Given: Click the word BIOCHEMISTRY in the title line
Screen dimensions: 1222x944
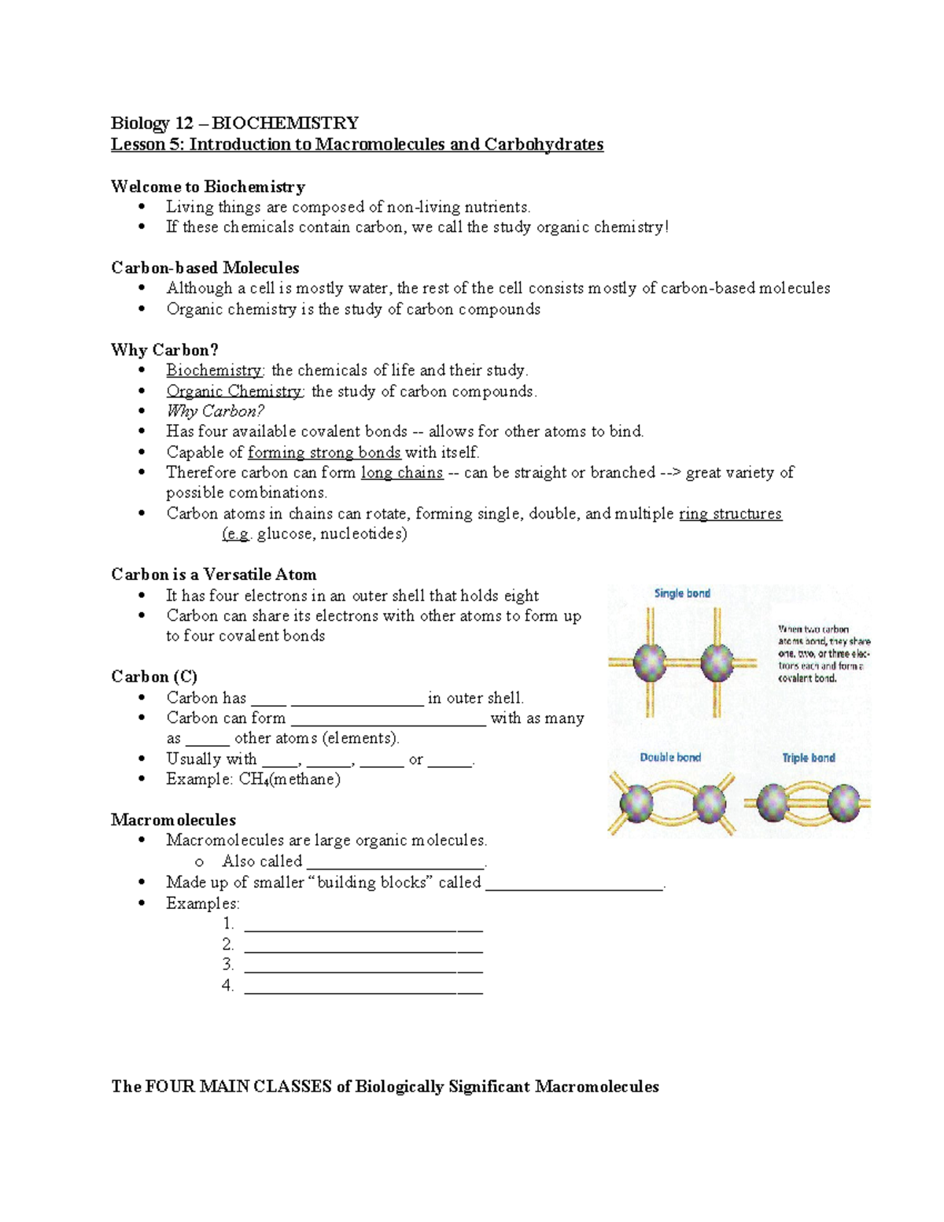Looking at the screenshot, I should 285,123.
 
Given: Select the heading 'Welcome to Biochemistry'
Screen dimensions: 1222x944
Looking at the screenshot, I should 208,186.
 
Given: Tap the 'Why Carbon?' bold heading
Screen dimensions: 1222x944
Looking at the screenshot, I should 164,349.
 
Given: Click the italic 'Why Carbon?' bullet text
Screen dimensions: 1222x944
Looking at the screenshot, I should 215,411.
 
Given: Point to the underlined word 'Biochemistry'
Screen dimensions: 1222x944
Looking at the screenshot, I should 214,370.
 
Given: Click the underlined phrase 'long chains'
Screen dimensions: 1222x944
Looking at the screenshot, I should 402,472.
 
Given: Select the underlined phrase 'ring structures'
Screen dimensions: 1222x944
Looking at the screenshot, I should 730,513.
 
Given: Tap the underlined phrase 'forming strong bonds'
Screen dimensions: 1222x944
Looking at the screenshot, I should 324,452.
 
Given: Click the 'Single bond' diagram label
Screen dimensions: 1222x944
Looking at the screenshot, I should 682,593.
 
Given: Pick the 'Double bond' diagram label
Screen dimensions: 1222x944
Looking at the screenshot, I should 669,757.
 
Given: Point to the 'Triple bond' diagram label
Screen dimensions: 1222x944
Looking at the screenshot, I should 808,758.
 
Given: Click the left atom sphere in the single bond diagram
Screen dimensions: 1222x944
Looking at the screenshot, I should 650,662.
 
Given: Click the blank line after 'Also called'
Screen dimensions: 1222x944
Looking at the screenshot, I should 396,862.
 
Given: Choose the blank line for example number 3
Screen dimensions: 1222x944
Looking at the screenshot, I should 363,965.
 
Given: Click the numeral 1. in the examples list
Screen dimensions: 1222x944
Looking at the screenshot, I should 228,924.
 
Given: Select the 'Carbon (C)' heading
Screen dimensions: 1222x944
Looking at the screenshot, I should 154,677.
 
